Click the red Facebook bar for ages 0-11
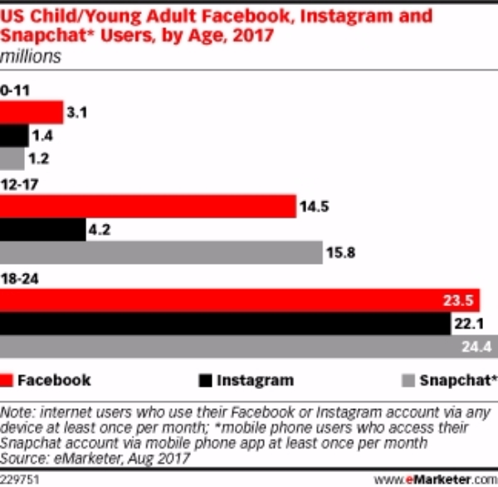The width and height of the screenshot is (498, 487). pos(32,112)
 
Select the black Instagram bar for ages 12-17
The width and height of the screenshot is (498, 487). pos(42,230)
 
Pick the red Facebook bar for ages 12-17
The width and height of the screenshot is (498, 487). pos(148,206)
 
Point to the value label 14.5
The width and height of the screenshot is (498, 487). pos(315,207)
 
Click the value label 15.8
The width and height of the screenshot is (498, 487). pos(342,253)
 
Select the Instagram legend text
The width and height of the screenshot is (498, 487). pos(255,381)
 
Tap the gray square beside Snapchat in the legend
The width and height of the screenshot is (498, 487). pos(408,381)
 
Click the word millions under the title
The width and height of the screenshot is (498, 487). pos(29,57)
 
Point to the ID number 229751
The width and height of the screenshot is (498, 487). pos(21,479)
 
